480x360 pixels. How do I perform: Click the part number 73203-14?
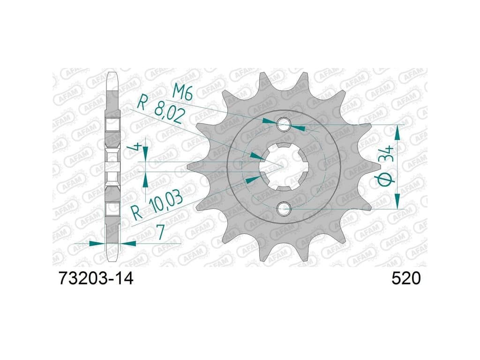pyautogui.click(x=96, y=278)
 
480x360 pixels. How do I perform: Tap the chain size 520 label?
pyautogui.click(x=406, y=278)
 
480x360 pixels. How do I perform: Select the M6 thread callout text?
pyautogui.click(x=183, y=91)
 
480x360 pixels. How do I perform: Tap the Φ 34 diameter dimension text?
pyautogui.click(x=386, y=165)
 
